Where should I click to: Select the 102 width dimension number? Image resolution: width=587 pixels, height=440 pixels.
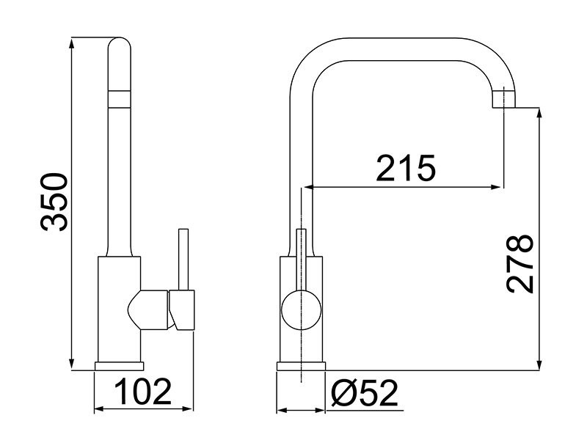142,392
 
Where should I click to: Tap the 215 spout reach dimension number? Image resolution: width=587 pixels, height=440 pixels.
406,169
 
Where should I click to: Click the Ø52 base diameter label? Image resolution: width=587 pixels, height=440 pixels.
364,394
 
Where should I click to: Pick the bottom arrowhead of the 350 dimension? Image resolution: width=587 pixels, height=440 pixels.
72,364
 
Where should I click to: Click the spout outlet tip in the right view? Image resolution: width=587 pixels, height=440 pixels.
506,98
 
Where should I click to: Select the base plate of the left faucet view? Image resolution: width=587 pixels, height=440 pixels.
120,365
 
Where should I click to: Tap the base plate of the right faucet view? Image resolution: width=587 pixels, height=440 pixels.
301,365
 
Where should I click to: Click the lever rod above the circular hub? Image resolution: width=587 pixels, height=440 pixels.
301,257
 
